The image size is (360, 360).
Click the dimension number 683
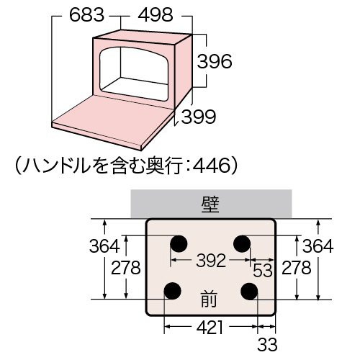(x=86, y=15)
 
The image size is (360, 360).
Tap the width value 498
(x=156, y=15)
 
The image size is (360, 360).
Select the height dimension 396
(x=215, y=61)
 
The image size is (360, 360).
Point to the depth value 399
(x=199, y=117)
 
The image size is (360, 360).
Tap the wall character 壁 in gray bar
(x=210, y=204)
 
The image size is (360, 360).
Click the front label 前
(x=209, y=300)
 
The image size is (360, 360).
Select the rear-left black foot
(x=179, y=243)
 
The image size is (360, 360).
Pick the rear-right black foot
(x=242, y=243)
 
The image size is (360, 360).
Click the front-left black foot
(x=172, y=291)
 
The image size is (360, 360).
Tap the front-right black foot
(x=249, y=291)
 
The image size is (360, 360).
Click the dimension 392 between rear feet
(x=211, y=261)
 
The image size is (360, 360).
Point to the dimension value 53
(x=263, y=271)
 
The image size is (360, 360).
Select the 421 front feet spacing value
(x=210, y=328)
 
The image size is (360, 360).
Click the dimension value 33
(x=267, y=344)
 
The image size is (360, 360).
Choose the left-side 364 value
(x=104, y=246)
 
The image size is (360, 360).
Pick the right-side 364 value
(x=318, y=246)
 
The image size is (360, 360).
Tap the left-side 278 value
(x=126, y=268)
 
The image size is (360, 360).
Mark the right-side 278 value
(x=297, y=268)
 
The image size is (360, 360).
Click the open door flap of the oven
(x=113, y=121)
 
